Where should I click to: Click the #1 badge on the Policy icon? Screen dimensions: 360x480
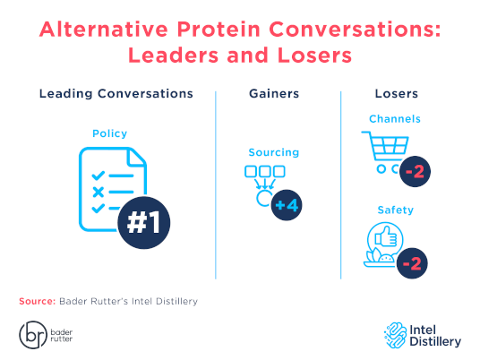[144, 222]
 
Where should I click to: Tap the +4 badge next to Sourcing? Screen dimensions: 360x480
[287, 204]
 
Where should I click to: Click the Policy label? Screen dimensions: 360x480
[109, 133]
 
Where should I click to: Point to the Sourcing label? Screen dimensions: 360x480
[274, 152]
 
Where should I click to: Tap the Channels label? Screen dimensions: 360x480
[394, 118]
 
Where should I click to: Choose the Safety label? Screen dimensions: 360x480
[394, 209]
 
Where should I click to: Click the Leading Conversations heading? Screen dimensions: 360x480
[116, 93]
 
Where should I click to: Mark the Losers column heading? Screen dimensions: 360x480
[396, 93]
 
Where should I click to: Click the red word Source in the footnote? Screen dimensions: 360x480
[37, 301]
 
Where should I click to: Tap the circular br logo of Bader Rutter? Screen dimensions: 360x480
[32, 335]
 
